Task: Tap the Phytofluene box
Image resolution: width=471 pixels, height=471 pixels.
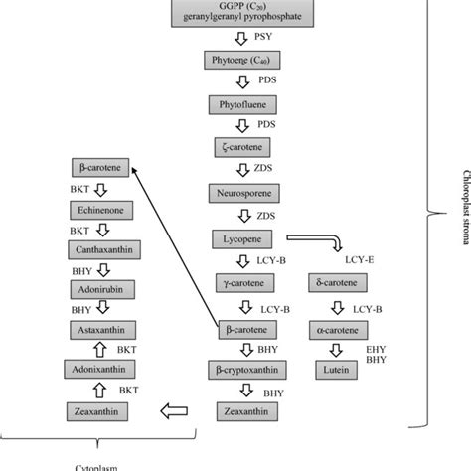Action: click(x=241, y=104)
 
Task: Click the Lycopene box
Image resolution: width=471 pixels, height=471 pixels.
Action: click(x=241, y=239)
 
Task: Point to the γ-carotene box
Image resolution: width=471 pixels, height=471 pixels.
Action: click(x=241, y=284)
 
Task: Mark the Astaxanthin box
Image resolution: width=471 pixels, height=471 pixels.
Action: click(x=100, y=328)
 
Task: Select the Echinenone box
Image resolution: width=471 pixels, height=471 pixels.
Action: click(x=100, y=210)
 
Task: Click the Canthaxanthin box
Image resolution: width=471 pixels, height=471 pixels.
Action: click(x=100, y=249)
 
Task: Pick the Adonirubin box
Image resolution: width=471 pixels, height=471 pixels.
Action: click(x=100, y=289)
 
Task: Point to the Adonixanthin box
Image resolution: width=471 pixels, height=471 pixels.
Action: click(x=100, y=369)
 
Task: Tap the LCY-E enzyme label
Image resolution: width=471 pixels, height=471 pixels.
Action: click(x=359, y=260)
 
